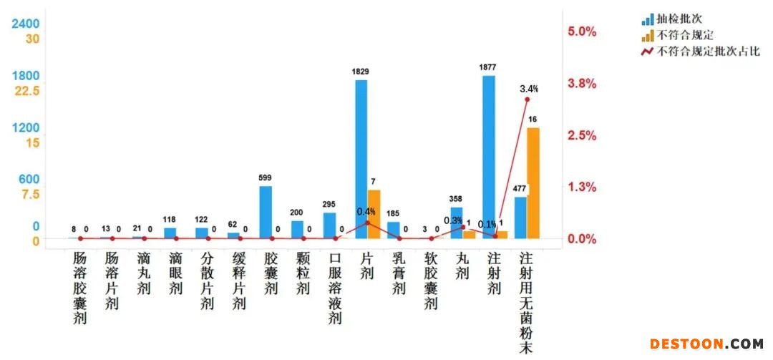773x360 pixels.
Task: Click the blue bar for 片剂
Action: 361,159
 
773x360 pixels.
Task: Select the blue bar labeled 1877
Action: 489,157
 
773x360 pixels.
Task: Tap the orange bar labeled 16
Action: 533,183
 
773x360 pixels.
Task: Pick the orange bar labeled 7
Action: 374,214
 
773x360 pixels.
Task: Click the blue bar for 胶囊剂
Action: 266,212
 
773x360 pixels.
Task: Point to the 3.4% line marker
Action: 527,99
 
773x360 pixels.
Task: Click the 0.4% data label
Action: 366,212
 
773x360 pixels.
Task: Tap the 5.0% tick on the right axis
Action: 582,31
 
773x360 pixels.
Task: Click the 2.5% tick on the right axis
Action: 582,135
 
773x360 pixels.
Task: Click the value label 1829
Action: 361,72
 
